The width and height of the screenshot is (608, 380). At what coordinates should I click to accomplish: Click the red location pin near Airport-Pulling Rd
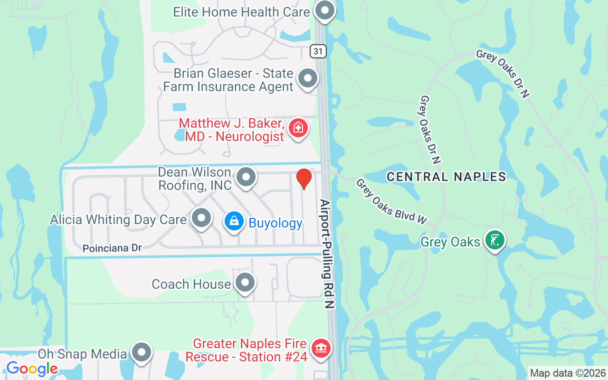304,179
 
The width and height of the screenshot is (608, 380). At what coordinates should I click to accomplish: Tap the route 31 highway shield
319,51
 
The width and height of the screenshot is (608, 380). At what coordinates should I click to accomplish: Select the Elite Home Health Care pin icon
325,10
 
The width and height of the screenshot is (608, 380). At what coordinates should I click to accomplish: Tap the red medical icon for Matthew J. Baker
298,127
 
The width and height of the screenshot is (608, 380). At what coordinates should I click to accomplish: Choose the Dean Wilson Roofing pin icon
246,177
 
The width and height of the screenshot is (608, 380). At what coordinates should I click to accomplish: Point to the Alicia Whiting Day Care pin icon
201,218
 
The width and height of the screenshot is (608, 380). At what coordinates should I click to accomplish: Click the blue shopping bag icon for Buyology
234,221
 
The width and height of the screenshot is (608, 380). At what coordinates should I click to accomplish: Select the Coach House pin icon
245,283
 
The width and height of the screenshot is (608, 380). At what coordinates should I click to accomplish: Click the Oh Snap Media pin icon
142,353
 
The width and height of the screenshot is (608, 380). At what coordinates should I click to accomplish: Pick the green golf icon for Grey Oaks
494,240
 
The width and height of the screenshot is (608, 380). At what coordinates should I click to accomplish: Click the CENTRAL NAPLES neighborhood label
446,177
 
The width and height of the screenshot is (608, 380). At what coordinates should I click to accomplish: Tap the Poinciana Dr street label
112,248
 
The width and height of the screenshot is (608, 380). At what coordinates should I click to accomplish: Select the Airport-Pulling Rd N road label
328,254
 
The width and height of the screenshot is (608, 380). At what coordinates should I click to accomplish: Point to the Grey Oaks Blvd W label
391,202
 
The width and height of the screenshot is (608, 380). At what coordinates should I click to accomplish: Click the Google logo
32,369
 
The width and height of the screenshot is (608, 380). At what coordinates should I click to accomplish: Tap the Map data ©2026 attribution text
568,373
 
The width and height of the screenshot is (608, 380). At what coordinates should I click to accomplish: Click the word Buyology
275,223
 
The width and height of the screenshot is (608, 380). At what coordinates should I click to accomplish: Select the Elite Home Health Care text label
241,12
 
